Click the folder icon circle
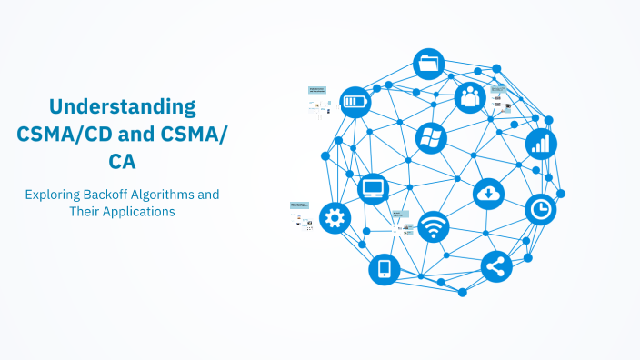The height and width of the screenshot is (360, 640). tap(429, 65)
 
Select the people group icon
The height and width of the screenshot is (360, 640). tap(470, 96)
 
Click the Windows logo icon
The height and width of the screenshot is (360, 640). tap(431, 138)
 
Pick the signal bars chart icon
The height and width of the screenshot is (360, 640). tap(541, 143)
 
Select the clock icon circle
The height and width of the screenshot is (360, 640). tap(541, 209)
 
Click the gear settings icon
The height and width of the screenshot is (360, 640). tap(335, 217)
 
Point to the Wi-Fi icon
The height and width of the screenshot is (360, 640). tap(434, 226)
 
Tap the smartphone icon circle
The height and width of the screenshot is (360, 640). tap(384, 269)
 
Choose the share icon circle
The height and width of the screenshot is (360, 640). tap(496, 266)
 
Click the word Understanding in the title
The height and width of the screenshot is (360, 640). tap(122, 106)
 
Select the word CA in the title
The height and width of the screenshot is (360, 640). tap(122, 161)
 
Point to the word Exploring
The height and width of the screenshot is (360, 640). tap(55, 195)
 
